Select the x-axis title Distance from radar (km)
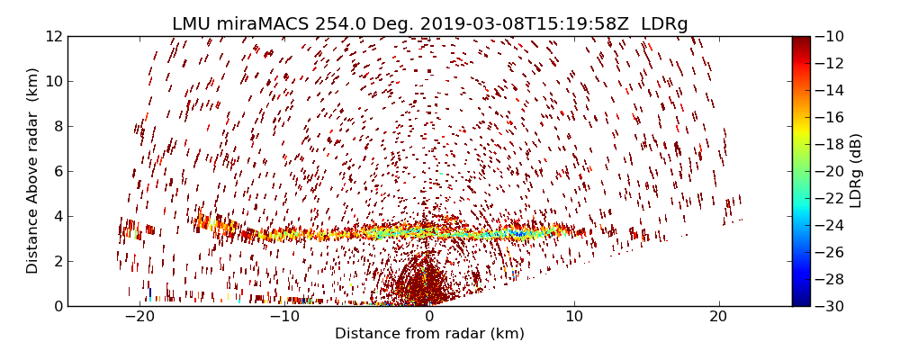tap(429, 334)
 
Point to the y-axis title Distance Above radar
tap(33, 171)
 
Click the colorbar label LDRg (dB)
tap(856, 171)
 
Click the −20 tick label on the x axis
tap(139, 317)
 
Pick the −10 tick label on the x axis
tap(284, 317)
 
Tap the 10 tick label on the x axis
tap(573, 317)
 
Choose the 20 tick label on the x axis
tap(718, 317)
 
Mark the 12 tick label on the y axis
tap(52, 37)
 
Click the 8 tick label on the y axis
tap(56, 127)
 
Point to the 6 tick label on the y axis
tap(56, 172)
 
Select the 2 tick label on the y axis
tap(56, 262)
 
